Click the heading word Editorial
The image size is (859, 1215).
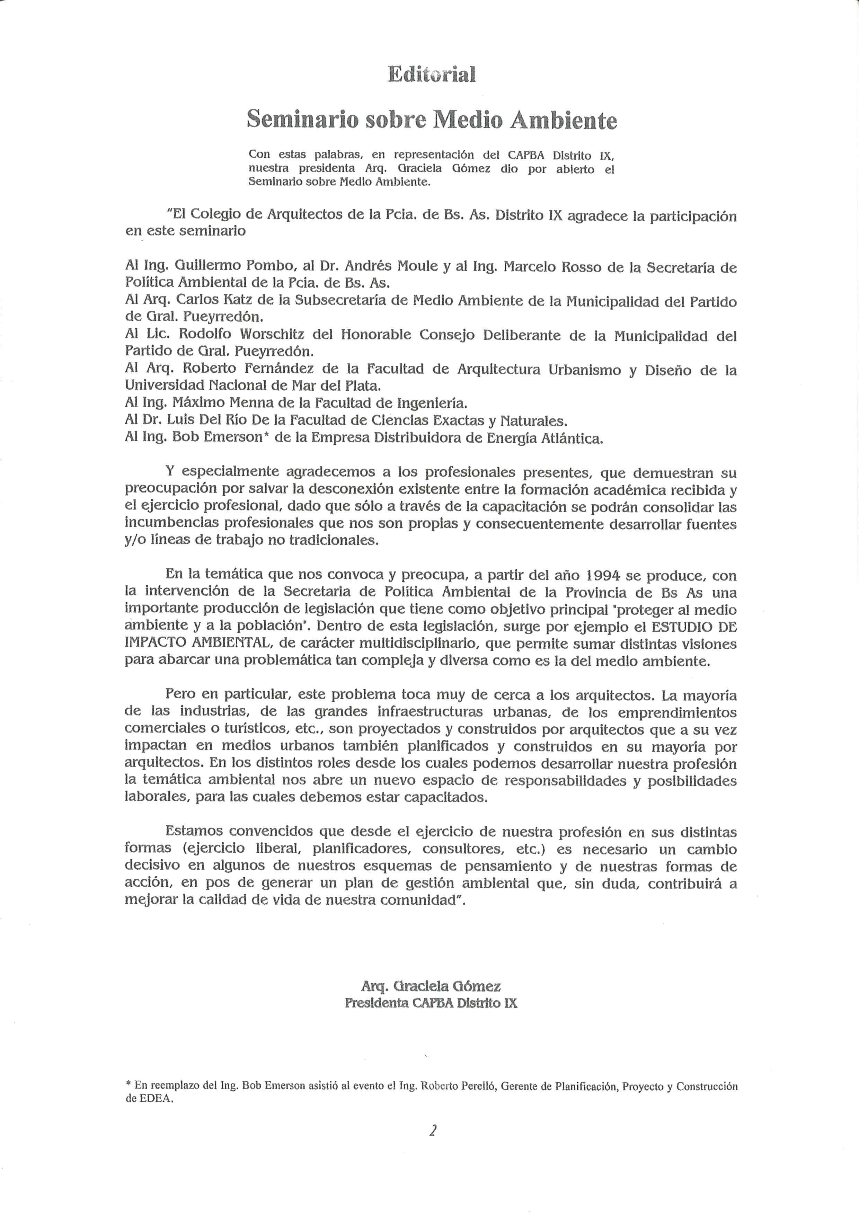[431, 74]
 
